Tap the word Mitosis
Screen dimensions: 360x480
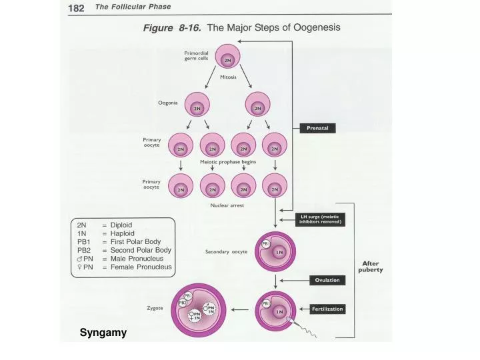[x=228, y=77]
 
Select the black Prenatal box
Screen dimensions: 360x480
[x=321, y=127]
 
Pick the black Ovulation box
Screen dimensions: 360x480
[x=327, y=280]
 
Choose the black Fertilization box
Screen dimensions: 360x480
[x=327, y=309]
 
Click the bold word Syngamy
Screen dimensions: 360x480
[x=103, y=332]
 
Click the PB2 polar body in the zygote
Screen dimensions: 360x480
[x=183, y=303]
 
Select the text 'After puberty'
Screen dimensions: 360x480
[x=370, y=267]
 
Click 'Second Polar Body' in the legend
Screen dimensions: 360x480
[x=140, y=250]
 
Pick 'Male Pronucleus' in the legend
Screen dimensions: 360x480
[x=141, y=259]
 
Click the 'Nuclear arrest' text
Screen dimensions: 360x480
[x=227, y=205]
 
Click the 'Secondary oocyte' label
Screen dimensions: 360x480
[x=226, y=252]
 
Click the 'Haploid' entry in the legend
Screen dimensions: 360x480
[x=122, y=233]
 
